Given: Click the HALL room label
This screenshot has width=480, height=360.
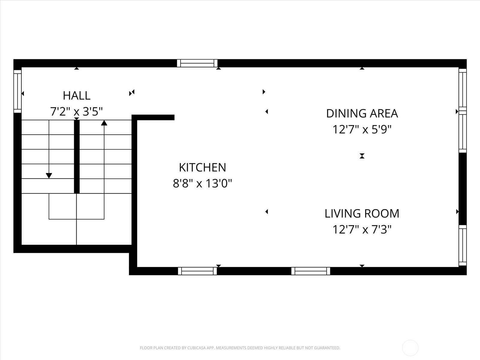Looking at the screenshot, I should (76, 96).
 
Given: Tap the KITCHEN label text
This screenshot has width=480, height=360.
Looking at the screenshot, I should (202, 167).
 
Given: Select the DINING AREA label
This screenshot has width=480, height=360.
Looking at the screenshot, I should (362, 113).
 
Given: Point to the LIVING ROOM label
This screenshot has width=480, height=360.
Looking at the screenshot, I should (362, 214).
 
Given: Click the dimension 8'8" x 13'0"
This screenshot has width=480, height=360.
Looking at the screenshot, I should (202, 183).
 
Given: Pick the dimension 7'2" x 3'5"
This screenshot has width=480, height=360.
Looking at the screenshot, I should (76, 112).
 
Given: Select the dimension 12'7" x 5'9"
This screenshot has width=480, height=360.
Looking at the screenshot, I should (362, 130).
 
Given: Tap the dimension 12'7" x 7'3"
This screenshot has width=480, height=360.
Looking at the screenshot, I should (362, 230).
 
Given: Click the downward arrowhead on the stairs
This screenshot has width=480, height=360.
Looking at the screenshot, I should (49, 176).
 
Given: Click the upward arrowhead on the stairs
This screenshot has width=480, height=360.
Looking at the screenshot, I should (104, 123).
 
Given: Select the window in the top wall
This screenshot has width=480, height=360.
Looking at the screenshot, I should (197, 63).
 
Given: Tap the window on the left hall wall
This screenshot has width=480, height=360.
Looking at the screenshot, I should (18, 91).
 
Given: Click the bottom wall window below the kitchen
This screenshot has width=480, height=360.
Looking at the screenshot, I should (197, 271).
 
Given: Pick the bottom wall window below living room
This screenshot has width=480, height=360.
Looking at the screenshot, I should (311, 271).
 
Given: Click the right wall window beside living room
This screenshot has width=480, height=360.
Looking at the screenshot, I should (463, 245).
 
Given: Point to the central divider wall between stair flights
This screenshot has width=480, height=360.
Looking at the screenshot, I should (77, 156).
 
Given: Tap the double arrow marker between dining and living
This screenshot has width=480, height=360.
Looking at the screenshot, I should (362, 156).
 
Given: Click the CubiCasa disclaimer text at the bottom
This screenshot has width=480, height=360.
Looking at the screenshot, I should (240, 348).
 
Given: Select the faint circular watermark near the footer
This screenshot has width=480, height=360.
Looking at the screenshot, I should (410, 348).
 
